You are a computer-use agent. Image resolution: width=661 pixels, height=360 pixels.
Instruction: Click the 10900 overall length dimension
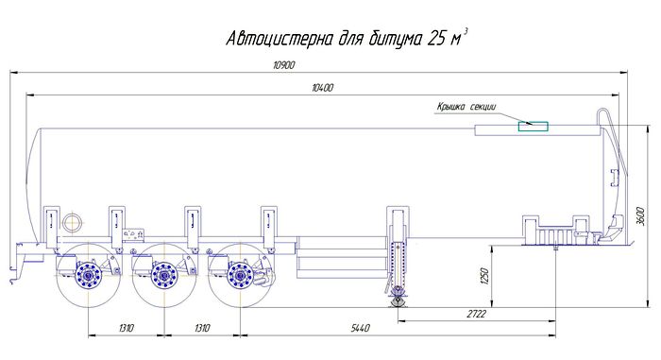tap(284, 65)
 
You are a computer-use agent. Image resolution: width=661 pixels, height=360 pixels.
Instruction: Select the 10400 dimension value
tap(323, 88)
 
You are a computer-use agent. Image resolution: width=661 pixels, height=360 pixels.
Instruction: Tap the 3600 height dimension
tap(640, 216)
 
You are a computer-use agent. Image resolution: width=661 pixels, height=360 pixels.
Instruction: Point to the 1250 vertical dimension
tap(484, 276)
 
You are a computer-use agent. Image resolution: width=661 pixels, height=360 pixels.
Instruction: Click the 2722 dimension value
tap(476, 314)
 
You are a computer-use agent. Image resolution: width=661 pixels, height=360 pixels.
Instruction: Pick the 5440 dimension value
tap(361, 328)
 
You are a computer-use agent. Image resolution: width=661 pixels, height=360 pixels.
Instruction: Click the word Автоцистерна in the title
tap(280, 39)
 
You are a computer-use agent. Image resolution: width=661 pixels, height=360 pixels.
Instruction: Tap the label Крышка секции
tap(466, 107)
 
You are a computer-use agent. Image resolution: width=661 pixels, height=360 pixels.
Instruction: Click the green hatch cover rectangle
tap(534, 127)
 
